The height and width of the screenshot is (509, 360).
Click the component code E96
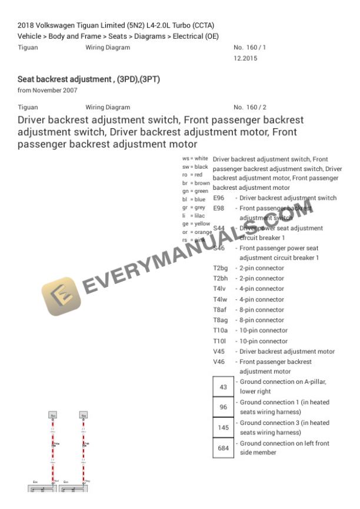click(x=219, y=198)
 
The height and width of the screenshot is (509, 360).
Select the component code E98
click(x=219, y=208)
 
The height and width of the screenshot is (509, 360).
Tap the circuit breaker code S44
click(x=219, y=228)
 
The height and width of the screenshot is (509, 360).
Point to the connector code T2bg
click(x=221, y=268)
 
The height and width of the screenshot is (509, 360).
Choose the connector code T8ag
click(x=221, y=320)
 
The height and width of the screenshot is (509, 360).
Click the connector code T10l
click(x=221, y=341)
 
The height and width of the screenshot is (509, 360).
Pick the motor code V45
click(x=219, y=351)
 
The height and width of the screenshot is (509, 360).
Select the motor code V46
click(x=219, y=361)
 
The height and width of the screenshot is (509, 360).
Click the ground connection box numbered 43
click(x=223, y=387)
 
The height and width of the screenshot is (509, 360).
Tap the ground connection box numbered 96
click(x=223, y=407)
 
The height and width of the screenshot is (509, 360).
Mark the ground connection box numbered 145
click(x=223, y=428)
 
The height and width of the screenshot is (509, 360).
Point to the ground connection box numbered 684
click(x=223, y=448)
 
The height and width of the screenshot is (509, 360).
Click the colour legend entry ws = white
click(x=195, y=159)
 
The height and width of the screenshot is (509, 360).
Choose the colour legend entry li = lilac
click(x=194, y=216)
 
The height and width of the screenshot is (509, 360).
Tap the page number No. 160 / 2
click(x=250, y=108)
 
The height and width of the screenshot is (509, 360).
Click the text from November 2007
click(x=48, y=89)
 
